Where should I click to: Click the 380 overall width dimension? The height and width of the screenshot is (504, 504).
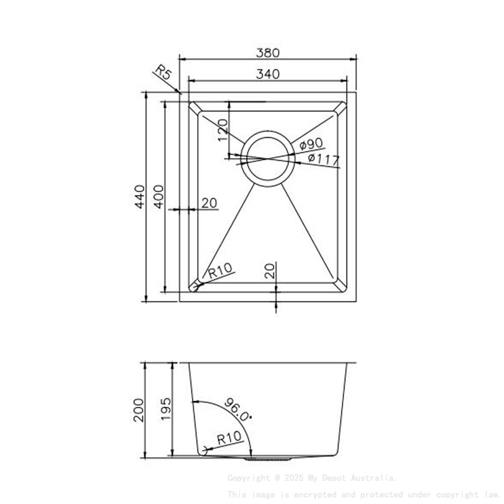coord(267,52)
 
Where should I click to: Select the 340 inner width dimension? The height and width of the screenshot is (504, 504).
coord(267,74)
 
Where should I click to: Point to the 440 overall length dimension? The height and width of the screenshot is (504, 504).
coord(139,196)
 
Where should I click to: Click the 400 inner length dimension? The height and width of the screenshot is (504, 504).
coord(158,196)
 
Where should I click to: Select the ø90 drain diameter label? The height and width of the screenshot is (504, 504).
coord(311,144)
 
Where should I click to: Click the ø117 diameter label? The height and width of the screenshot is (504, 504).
coord(323,160)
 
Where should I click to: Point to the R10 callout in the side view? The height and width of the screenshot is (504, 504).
coord(229,439)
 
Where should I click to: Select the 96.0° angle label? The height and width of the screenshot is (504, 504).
coord(238,409)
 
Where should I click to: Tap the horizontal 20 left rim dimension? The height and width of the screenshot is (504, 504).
coord(209,203)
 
